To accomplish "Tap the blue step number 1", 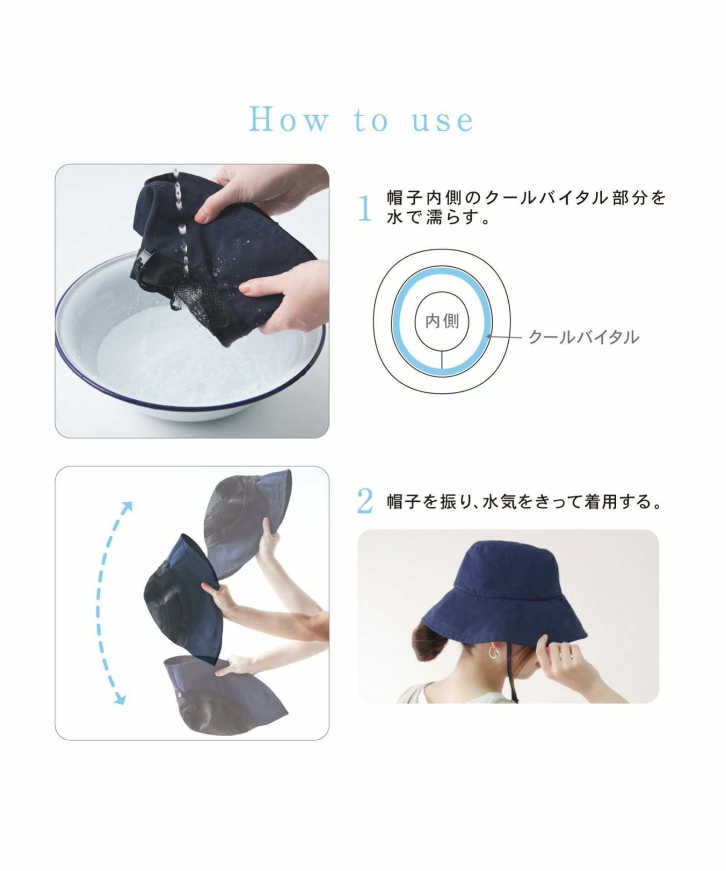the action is [365, 209].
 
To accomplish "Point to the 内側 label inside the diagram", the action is [442, 321].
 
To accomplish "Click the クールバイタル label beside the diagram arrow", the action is [584, 337].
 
